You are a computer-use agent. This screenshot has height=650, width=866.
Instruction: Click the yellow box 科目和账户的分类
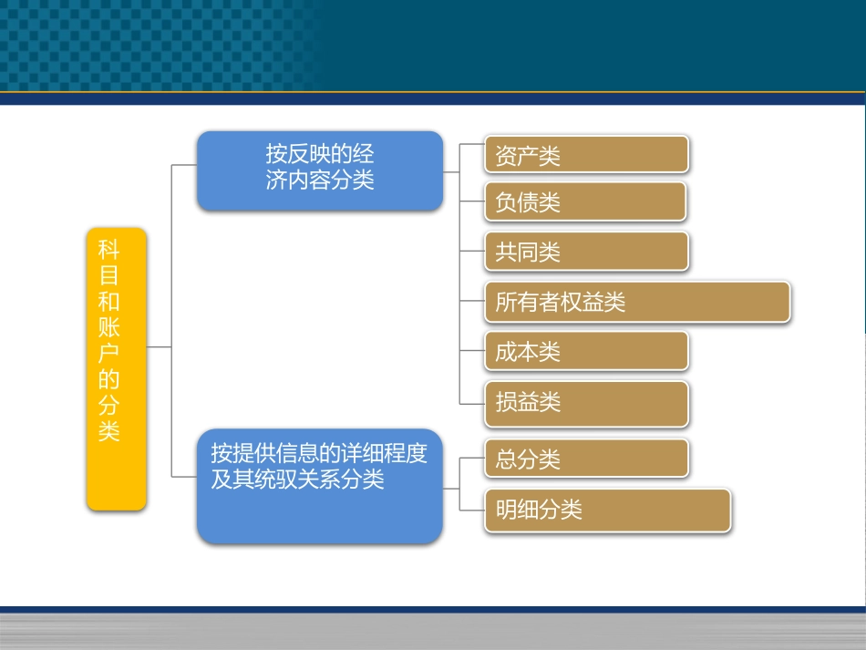(x=116, y=368)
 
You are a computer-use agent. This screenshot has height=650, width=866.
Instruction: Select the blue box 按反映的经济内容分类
(x=319, y=170)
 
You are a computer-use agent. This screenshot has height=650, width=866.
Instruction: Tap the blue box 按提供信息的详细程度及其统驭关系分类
(x=319, y=486)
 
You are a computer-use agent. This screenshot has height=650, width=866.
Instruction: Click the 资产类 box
(x=586, y=155)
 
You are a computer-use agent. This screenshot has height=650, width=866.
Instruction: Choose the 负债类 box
(x=586, y=202)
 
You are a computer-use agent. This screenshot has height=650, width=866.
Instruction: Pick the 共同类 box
(x=586, y=252)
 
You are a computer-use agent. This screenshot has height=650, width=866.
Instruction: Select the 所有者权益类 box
(x=636, y=302)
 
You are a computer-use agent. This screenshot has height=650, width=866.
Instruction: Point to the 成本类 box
(x=586, y=352)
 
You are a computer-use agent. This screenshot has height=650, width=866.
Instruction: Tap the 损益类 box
(x=586, y=402)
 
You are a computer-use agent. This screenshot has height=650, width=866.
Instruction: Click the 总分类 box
(x=586, y=459)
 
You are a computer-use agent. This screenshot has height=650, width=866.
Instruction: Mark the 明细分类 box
(x=607, y=509)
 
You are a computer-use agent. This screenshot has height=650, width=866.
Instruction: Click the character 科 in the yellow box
(x=109, y=250)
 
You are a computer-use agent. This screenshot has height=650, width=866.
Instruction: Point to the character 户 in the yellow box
(x=109, y=352)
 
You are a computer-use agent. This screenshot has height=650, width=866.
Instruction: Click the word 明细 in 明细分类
(x=517, y=510)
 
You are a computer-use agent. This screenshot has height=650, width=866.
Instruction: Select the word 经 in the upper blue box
(x=364, y=153)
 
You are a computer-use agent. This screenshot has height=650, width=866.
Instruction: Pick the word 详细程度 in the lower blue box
(x=384, y=453)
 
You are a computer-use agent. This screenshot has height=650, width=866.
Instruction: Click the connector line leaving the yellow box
(x=159, y=346)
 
